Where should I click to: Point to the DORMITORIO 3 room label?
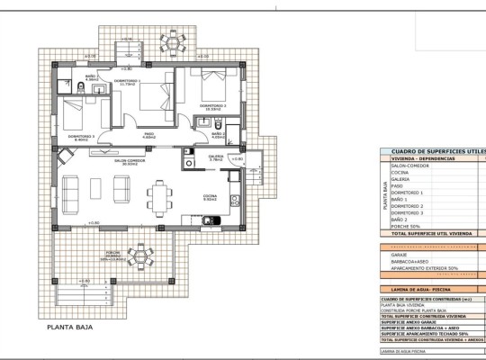[81, 137]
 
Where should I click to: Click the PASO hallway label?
[149, 135]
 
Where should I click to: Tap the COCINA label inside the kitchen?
[209, 195]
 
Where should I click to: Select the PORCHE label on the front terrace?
[112, 253]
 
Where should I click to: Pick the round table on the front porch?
[139, 257]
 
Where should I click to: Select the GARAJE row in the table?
[400, 255]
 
